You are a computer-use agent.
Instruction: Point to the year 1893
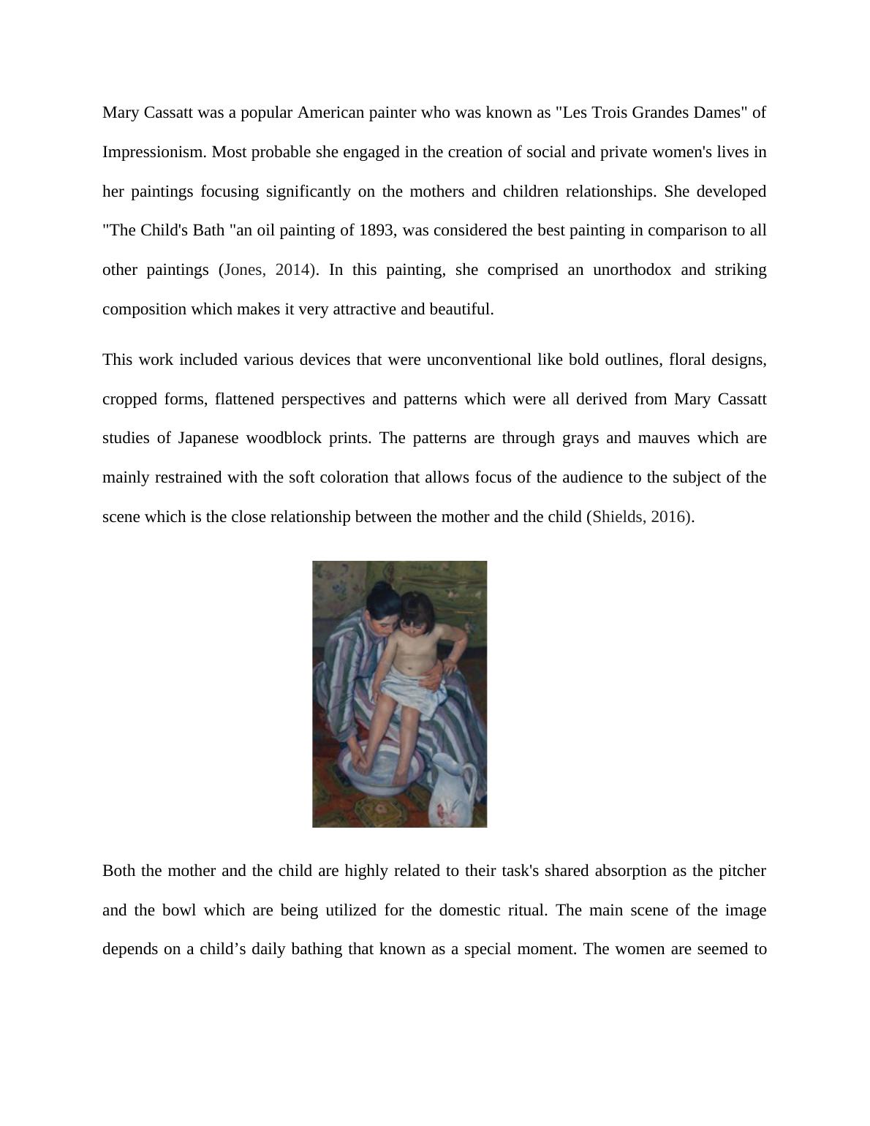[377, 230]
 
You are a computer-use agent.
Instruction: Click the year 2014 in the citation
[292, 270]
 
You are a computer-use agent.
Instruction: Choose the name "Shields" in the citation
[618, 517]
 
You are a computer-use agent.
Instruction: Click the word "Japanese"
[208, 438]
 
